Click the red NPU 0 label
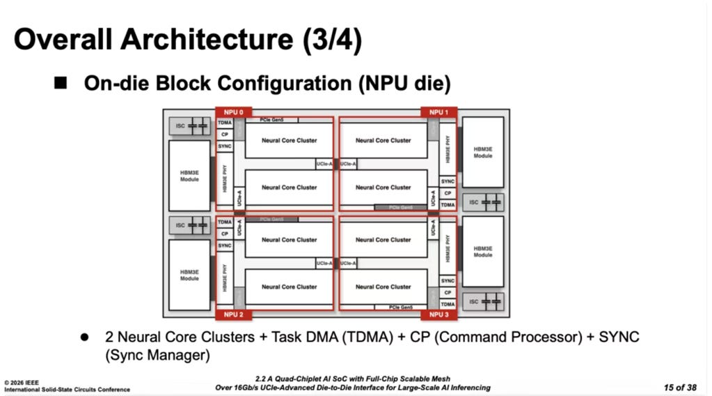pos(232,112)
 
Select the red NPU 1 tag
pos(438,112)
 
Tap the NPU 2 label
pos(232,314)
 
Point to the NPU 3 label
pos(438,314)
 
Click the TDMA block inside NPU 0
pos(224,123)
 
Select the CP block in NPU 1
pos(448,193)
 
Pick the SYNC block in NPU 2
pos(224,245)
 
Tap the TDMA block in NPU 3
pos(448,304)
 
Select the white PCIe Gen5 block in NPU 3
pos(401,307)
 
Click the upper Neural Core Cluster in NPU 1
pos(383,140)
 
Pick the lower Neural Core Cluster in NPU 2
pos(289,287)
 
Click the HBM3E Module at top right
pos(483,152)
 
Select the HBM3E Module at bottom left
pos(189,275)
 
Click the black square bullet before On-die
pos(61,83)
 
